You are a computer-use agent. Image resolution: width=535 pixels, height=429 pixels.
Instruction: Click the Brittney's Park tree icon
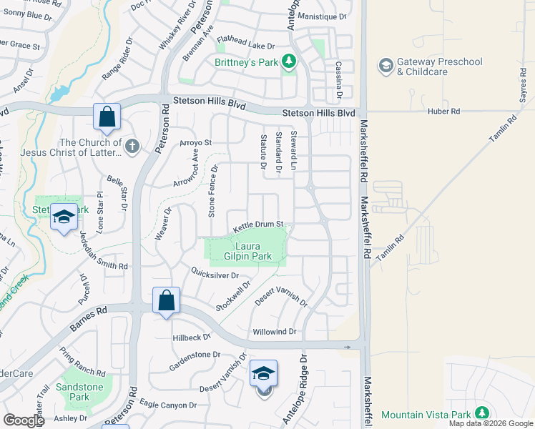[x=289, y=62]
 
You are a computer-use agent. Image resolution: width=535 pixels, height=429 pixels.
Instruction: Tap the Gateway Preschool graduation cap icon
[x=386, y=66]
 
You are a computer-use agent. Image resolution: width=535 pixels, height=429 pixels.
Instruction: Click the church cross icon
[x=132, y=147]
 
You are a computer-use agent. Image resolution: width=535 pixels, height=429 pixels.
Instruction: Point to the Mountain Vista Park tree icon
[x=482, y=414]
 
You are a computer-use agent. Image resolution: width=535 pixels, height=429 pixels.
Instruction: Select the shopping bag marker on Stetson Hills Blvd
[x=107, y=118]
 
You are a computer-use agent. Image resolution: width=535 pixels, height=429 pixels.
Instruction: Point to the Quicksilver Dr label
[x=214, y=274]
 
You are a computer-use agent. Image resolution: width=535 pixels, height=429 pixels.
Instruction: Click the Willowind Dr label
[x=274, y=332]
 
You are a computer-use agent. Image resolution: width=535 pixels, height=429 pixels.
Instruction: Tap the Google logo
[x=24, y=420]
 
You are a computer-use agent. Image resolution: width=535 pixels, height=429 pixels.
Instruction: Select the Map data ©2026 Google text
[x=491, y=423]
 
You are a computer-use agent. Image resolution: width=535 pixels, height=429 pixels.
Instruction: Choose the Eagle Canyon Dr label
[x=167, y=405]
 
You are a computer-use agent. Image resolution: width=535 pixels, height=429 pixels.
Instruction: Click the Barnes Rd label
[x=89, y=320]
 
